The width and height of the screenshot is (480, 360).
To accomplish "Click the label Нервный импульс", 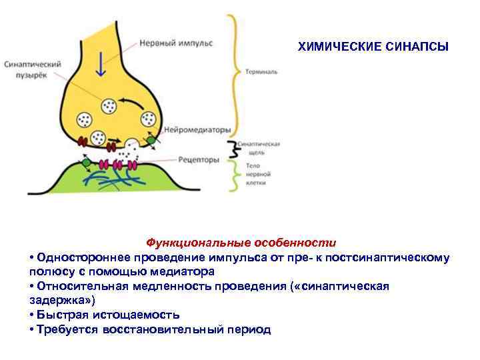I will (176, 43).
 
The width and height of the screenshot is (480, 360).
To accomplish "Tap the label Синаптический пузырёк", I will (33, 70).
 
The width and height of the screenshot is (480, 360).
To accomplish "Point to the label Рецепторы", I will (199, 160).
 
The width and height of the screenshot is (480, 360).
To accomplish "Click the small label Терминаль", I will (262, 70).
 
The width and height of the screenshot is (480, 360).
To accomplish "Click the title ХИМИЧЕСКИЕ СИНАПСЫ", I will (373, 47).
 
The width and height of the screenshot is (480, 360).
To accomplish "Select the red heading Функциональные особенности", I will (241, 243).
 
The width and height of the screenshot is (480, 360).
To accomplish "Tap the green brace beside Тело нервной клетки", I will (234, 175).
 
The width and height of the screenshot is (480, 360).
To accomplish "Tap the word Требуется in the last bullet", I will (68, 329).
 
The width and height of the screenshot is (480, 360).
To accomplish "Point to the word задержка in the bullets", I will (56, 301).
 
